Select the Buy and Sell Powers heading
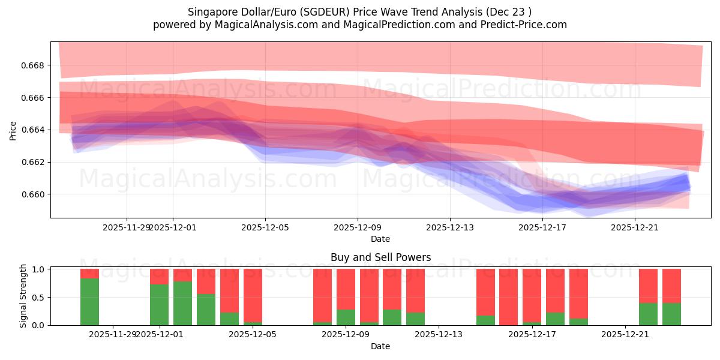tap(380, 257)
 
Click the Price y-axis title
tap(13, 130)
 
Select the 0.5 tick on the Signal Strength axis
tap(39, 297)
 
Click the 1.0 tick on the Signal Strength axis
tap(39, 269)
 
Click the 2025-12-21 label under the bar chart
tap(625, 334)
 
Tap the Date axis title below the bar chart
tap(380, 346)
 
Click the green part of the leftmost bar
tap(89, 302)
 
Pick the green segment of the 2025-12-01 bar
tap(159, 305)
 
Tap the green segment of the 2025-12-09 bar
tap(346, 317)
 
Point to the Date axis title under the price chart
tap(380, 239)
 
